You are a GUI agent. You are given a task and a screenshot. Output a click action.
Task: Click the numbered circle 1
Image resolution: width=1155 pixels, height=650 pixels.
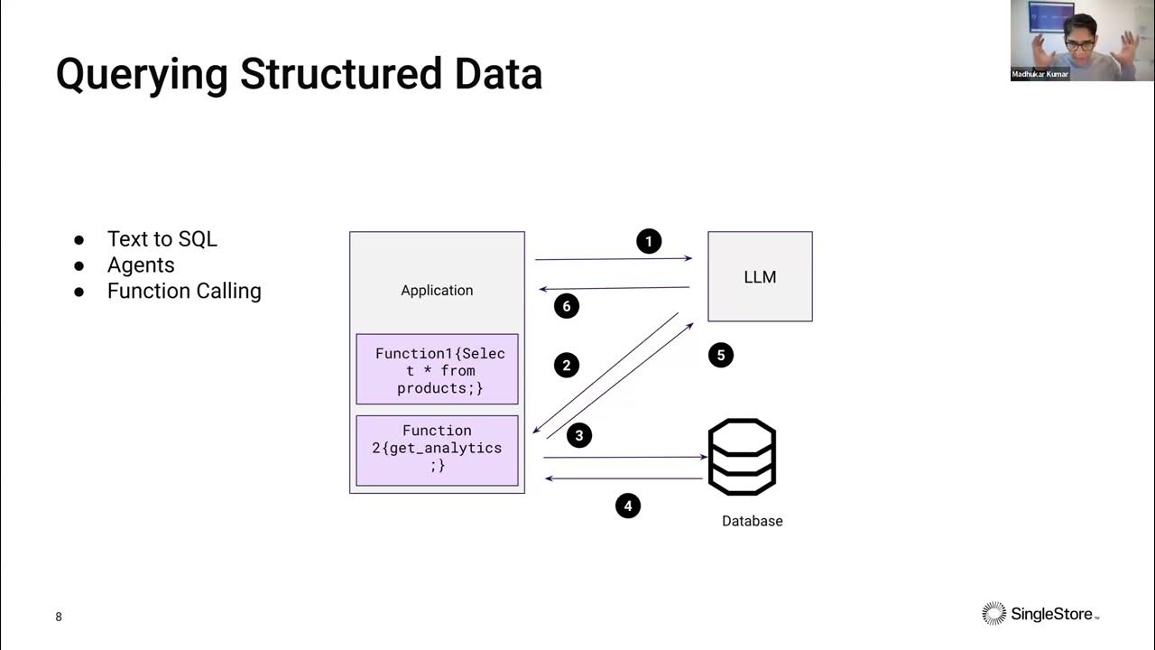[x=649, y=241]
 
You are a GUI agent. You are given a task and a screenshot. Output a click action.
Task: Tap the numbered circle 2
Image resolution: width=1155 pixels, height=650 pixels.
[x=567, y=365]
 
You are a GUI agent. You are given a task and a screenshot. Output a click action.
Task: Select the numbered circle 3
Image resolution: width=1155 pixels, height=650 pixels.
[x=579, y=435]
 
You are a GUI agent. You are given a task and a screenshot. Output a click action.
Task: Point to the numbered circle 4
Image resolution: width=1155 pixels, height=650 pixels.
[x=628, y=506]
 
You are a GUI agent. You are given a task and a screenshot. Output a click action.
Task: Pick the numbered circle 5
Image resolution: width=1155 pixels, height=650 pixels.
[x=720, y=355]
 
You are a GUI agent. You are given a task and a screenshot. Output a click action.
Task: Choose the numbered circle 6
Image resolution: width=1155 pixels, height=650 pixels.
[x=567, y=306]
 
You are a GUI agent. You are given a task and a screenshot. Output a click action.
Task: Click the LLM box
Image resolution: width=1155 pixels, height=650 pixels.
[x=760, y=277]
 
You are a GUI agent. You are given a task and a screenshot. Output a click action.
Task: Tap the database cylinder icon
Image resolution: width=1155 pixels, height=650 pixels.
[x=742, y=457]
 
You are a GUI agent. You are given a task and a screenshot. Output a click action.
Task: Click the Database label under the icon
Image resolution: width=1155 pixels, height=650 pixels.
[x=752, y=521]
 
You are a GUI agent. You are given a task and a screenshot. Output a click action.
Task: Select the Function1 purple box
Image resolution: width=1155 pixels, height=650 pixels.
[x=438, y=370]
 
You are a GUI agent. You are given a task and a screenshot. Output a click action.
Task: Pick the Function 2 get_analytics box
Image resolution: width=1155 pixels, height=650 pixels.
[x=438, y=449]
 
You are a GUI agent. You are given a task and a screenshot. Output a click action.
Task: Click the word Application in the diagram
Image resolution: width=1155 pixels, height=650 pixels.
[x=437, y=290]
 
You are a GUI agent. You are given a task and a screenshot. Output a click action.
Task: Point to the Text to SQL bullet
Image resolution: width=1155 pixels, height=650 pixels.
[x=162, y=239]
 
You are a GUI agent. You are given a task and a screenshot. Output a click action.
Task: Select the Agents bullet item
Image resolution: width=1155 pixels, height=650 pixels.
[x=141, y=265]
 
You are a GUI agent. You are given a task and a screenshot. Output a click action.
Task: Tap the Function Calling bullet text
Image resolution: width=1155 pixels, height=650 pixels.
[x=184, y=291]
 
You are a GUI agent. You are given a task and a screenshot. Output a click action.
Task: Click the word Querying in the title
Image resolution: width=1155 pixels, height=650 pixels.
[x=143, y=74]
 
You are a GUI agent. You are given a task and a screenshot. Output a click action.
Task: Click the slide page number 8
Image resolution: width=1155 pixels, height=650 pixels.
[x=59, y=617]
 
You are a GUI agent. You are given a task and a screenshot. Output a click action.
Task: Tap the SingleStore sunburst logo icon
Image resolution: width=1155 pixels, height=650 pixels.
[x=993, y=614]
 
